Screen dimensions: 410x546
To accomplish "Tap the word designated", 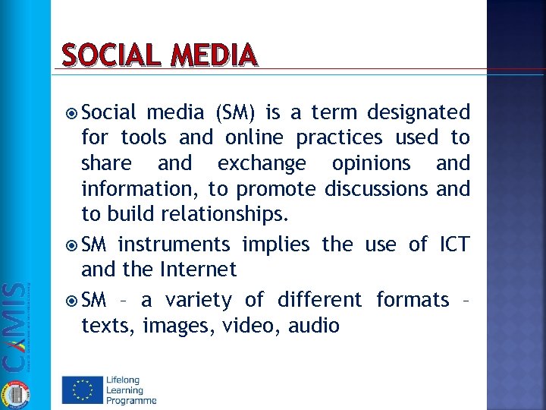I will pyautogui.click(x=418, y=112).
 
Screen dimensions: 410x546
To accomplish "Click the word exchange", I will pyautogui.click(x=262, y=163).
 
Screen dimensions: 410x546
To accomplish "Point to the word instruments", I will pyautogui.click(x=174, y=244).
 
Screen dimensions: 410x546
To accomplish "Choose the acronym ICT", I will pyautogui.click(x=454, y=244).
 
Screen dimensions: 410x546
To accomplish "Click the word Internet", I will pyautogui.click(x=199, y=269).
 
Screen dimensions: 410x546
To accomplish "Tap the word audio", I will pyautogui.click(x=313, y=325).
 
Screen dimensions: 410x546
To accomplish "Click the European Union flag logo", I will pyautogui.click(x=82, y=389).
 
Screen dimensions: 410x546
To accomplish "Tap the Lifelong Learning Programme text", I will pyautogui.click(x=131, y=389).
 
